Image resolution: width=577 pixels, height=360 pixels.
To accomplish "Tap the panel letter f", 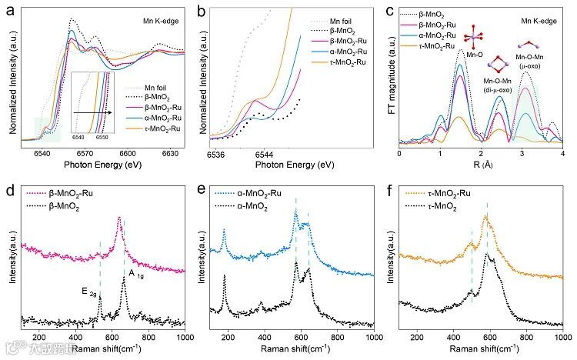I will click(391, 188).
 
